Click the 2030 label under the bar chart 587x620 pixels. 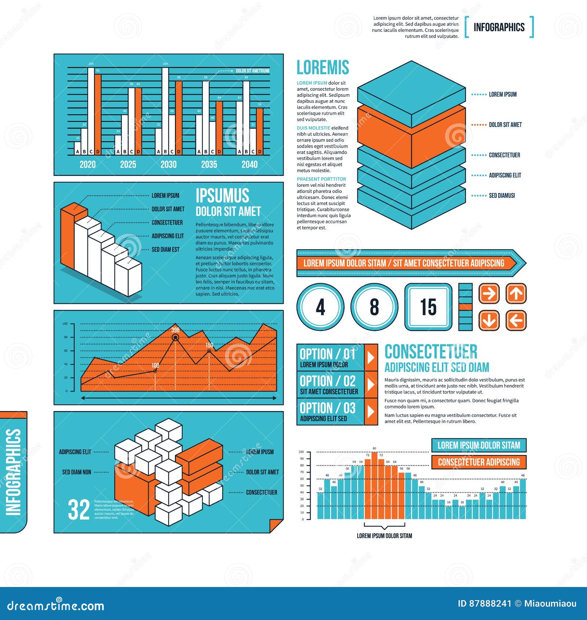pos(168,164)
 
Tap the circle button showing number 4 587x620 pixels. pos(320,307)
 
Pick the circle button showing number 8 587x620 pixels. pos(374,307)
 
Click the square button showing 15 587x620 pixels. pos(428,307)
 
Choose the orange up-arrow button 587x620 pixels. pos(516,293)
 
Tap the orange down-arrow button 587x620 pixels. pos(489,321)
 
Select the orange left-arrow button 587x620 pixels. pos(516,321)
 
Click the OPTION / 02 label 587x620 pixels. pos(328,381)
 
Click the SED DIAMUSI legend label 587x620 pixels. pos(502,196)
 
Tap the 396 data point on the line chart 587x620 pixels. pos(175,337)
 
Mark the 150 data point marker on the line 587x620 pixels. pos(209,351)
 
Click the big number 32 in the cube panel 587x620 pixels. pos(79,510)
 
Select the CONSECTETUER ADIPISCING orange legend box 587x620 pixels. pos(479,462)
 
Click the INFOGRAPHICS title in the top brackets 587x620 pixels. pos(499,27)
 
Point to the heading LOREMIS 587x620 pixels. pos(322,68)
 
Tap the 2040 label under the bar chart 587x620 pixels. pos(249,164)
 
